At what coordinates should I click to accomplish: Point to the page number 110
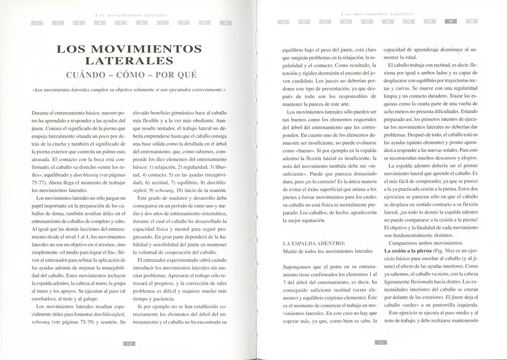click(x=129, y=344)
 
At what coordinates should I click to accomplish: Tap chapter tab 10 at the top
click(x=226, y=22)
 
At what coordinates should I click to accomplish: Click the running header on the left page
click(x=131, y=15)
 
